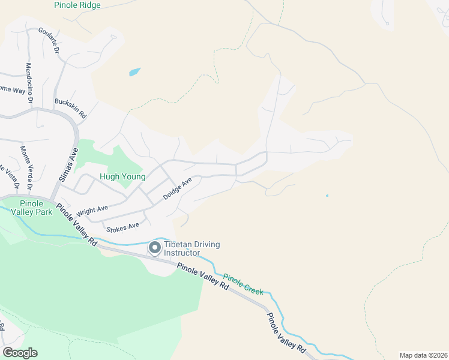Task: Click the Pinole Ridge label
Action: pos(77,5)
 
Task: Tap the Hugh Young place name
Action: pos(122,177)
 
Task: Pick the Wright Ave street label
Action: pos(92,211)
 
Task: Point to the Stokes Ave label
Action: pos(122,227)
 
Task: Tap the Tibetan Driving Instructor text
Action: pos(192,249)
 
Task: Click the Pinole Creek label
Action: pos(243,284)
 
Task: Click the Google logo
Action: pos(20,353)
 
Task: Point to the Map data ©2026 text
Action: pos(423,355)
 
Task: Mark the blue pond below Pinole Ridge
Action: pos(134,73)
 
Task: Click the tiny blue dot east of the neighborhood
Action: pos(327,196)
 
